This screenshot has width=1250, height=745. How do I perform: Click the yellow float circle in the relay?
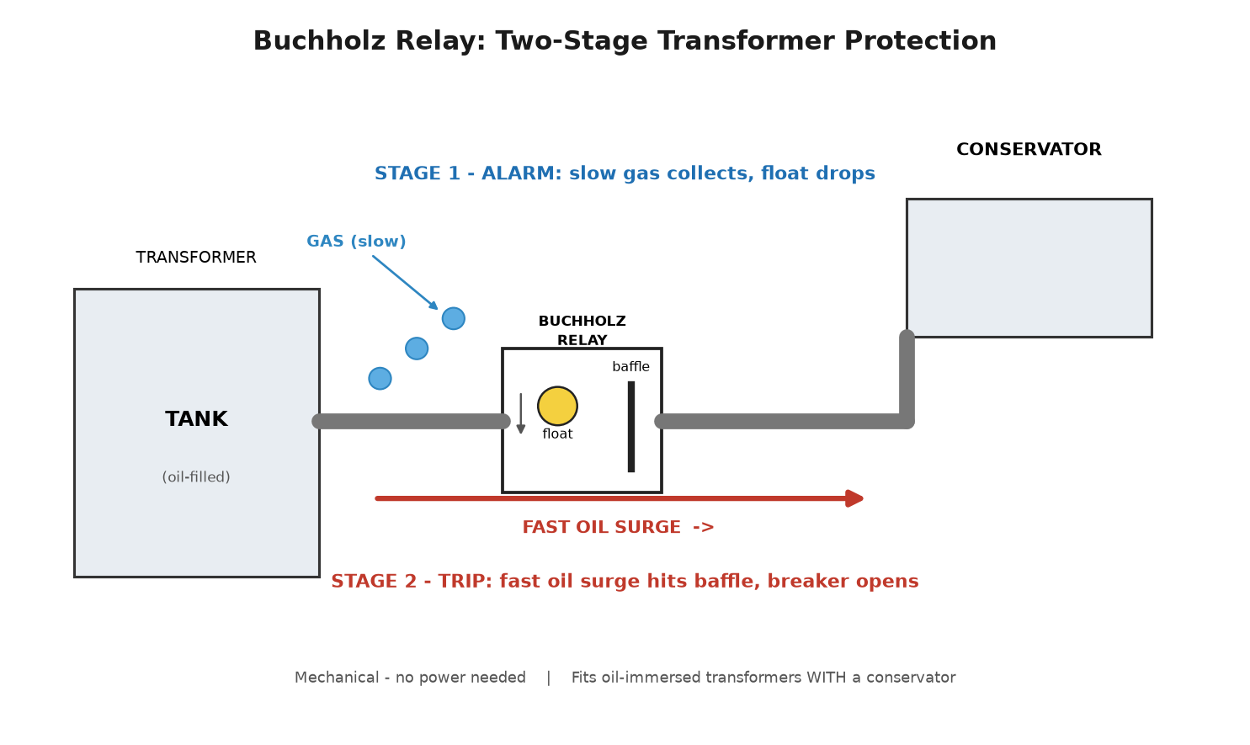click(x=557, y=407)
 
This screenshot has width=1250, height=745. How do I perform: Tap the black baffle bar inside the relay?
click(x=631, y=427)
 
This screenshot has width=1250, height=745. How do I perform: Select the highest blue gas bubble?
click(x=453, y=319)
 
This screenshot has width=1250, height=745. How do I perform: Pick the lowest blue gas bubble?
click(x=380, y=379)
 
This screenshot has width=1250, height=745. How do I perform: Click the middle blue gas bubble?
click(x=417, y=349)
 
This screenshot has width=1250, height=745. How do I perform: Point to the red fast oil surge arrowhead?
click(x=855, y=498)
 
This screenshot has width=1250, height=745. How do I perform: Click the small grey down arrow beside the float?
click(x=521, y=413)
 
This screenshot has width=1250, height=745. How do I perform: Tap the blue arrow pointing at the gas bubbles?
click(x=405, y=282)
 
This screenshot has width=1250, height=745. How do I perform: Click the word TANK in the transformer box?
click(x=196, y=419)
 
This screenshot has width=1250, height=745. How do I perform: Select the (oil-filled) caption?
click(x=196, y=477)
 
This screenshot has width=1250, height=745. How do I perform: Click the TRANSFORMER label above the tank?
click(x=196, y=258)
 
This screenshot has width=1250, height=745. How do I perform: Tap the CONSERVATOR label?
click(x=1029, y=150)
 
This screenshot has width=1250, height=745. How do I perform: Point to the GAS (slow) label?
click(x=356, y=242)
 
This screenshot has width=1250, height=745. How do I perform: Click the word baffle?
click(x=631, y=367)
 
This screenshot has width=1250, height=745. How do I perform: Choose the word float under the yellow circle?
click(x=557, y=434)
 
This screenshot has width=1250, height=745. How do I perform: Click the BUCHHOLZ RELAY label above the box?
click(x=582, y=330)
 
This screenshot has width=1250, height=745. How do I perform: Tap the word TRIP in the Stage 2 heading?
click(x=465, y=582)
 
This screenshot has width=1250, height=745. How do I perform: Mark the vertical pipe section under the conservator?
click(x=907, y=380)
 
